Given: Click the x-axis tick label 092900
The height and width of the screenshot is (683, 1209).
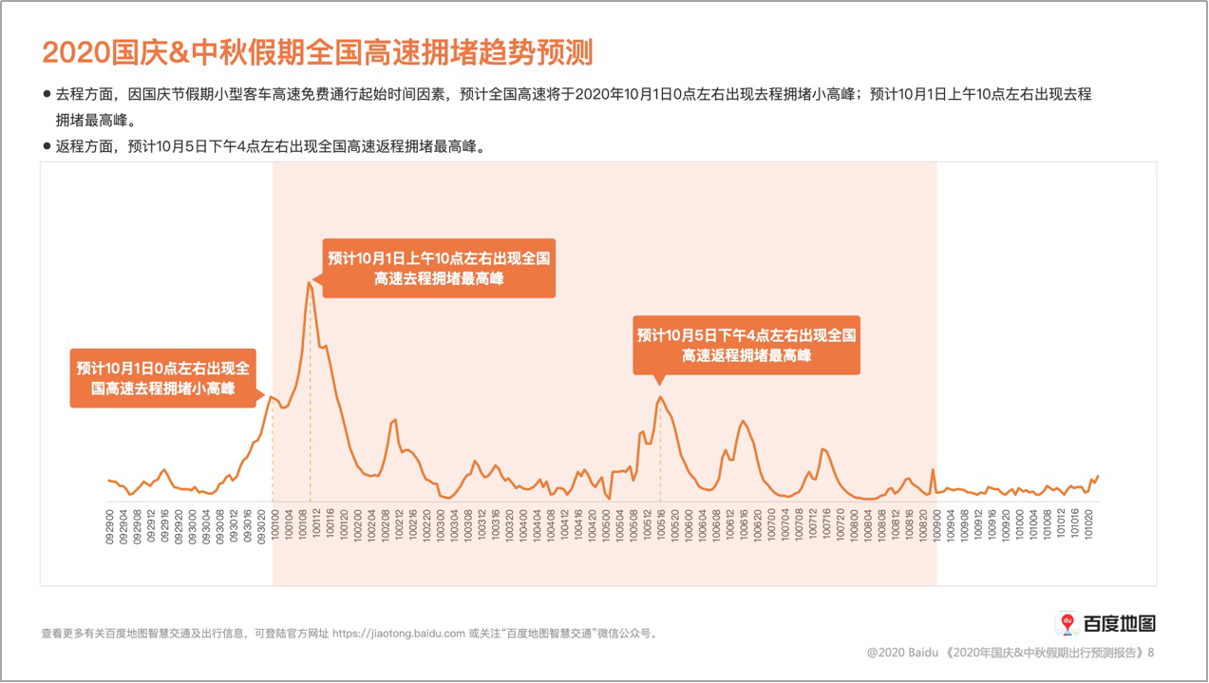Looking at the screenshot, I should [x=109, y=524].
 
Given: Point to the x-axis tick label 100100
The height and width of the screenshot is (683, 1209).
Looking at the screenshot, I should [x=274, y=524].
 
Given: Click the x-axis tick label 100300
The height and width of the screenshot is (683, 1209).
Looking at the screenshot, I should [x=441, y=524].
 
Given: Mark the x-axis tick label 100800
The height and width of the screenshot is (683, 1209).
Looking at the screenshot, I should [x=855, y=524].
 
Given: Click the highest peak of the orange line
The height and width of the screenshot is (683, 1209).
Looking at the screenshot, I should [x=310, y=282].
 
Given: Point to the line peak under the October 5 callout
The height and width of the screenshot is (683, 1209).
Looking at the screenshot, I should [x=660, y=397].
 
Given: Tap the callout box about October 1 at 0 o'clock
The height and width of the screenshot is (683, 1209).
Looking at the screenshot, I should [x=162, y=378].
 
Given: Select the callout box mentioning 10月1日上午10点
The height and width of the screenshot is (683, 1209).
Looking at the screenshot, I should [x=439, y=268].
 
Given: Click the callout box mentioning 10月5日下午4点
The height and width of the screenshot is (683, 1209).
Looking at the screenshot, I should [x=746, y=345].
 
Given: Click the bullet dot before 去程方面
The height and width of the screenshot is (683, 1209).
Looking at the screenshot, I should [x=47, y=94].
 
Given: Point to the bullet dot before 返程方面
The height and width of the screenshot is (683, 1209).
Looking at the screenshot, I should [x=47, y=146].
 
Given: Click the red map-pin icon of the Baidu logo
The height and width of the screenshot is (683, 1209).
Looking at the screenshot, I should [x=1067, y=623].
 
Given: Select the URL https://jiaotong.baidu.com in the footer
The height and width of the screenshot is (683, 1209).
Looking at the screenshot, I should [x=399, y=634].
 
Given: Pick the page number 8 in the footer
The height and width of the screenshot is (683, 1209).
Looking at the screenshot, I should [x=1151, y=653].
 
